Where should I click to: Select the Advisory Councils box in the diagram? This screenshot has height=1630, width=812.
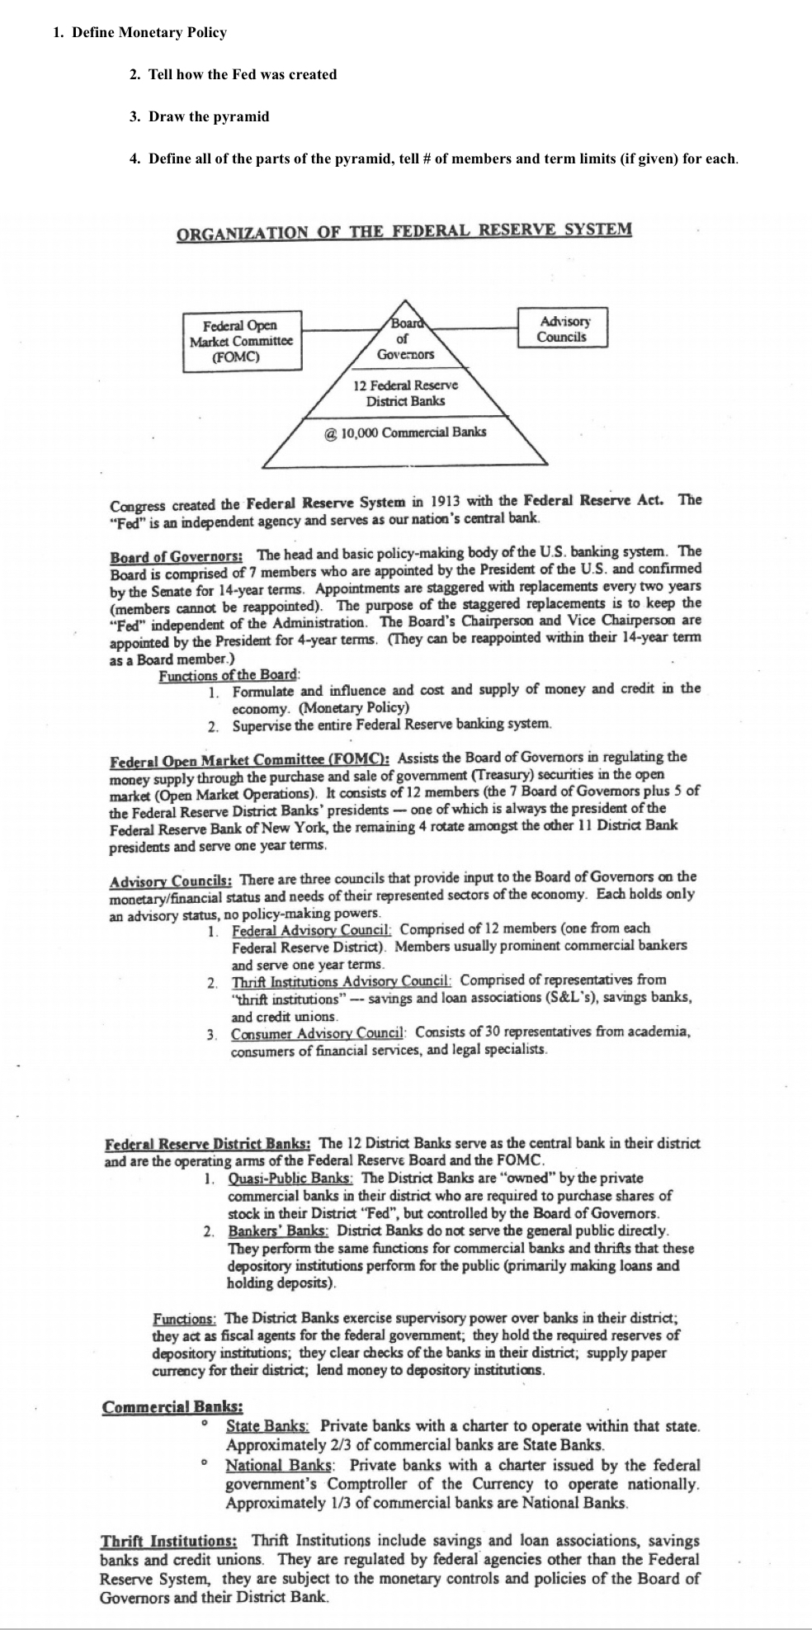(562, 328)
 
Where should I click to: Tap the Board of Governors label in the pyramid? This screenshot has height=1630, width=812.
(404, 339)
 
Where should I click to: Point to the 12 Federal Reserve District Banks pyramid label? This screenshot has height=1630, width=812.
(405, 393)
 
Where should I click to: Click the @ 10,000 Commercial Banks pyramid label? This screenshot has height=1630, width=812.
(405, 432)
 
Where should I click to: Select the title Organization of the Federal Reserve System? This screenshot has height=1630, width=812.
(404, 229)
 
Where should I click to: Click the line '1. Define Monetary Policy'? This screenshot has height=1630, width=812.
(139, 33)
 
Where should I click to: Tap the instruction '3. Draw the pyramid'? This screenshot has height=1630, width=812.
(200, 116)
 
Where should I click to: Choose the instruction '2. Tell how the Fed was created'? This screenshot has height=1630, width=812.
(234, 74)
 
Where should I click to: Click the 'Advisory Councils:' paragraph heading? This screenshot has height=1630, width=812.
(169, 878)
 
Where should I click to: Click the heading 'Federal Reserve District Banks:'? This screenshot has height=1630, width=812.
(207, 1145)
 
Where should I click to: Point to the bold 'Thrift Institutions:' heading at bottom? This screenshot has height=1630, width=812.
(169, 1541)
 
